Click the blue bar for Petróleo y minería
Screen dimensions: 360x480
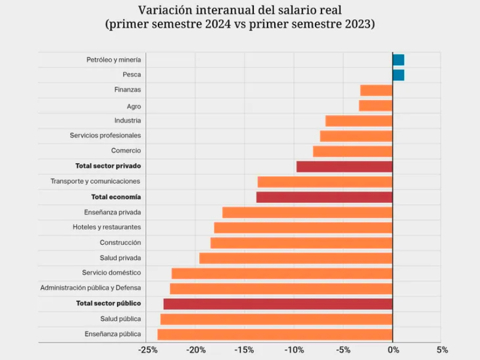tap(398, 59)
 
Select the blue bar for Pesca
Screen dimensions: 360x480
tap(398, 75)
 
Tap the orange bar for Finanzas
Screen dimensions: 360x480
tap(376, 90)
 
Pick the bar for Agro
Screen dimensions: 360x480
tap(376, 106)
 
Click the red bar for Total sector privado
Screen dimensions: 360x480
tap(344, 166)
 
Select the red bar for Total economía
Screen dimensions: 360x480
tap(324, 197)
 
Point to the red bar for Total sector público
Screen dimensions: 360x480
tap(278, 304)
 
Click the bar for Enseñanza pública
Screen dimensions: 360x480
tap(275, 334)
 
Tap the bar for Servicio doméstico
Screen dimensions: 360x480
tap(282, 273)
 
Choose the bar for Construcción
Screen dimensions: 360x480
tap(301, 242)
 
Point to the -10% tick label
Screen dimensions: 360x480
tap(293, 350)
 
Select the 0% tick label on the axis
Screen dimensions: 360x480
tap(392, 350)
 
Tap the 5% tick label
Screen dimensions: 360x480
tap(442, 350)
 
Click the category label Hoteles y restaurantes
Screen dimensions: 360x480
tap(107, 227)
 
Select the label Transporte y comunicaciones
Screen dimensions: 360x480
tap(95, 181)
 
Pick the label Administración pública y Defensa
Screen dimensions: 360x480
tap(91, 288)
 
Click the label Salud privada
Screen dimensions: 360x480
tap(121, 258)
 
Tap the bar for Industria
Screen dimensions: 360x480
tap(359, 121)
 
